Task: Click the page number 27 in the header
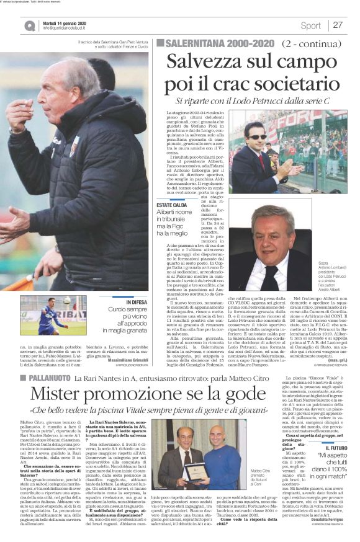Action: click(x=338, y=25)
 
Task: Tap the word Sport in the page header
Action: click(x=310, y=25)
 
